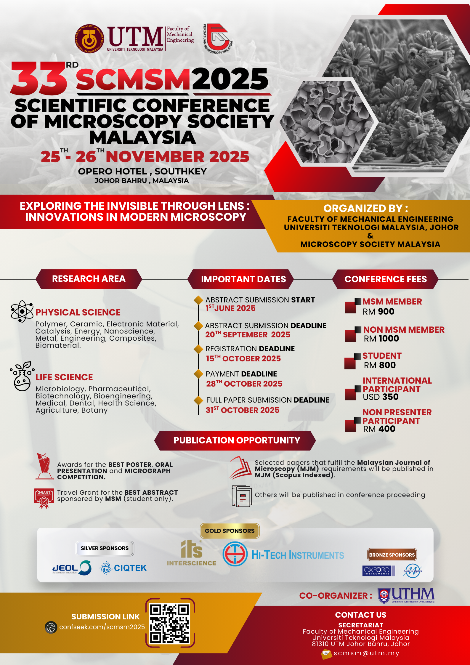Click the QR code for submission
point(170,624)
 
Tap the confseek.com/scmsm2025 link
point(102,627)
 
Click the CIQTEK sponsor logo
point(123,568)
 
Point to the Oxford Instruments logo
point(378,571)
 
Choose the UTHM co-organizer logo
point(406,595)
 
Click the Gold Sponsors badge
point(230,531)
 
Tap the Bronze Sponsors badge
point(392,555)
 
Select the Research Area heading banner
point(89,279)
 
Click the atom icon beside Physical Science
point(22,311)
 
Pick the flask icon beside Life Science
point(22,376)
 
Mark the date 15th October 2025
point(243,359)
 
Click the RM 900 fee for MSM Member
point(378,312)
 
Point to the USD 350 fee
point(381,397)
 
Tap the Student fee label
point(382,356)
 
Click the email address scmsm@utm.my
point(366,653)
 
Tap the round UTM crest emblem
point(89,39)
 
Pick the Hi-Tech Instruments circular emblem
point(235,554)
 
